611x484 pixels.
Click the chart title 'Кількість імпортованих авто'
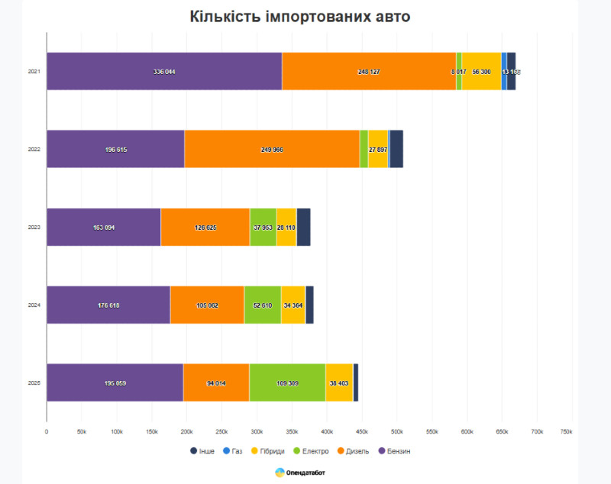tap(300, 18)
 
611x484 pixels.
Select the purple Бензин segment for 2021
tap(164, 71)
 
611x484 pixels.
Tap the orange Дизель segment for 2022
tap(272, 149)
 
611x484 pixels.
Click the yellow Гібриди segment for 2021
tap(481, 71)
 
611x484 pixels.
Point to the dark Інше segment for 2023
tap(303, 227)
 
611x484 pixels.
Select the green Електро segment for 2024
tap(262, 305)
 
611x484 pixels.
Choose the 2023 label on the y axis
tap(34, 227)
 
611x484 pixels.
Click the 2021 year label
tap(34, 72)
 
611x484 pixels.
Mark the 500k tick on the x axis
tap(396, 432)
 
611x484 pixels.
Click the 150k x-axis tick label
tap(151, 432)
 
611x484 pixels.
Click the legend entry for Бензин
tap(394, 451)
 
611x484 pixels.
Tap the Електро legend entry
tap(310, 451)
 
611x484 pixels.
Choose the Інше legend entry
tap(202, 451)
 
